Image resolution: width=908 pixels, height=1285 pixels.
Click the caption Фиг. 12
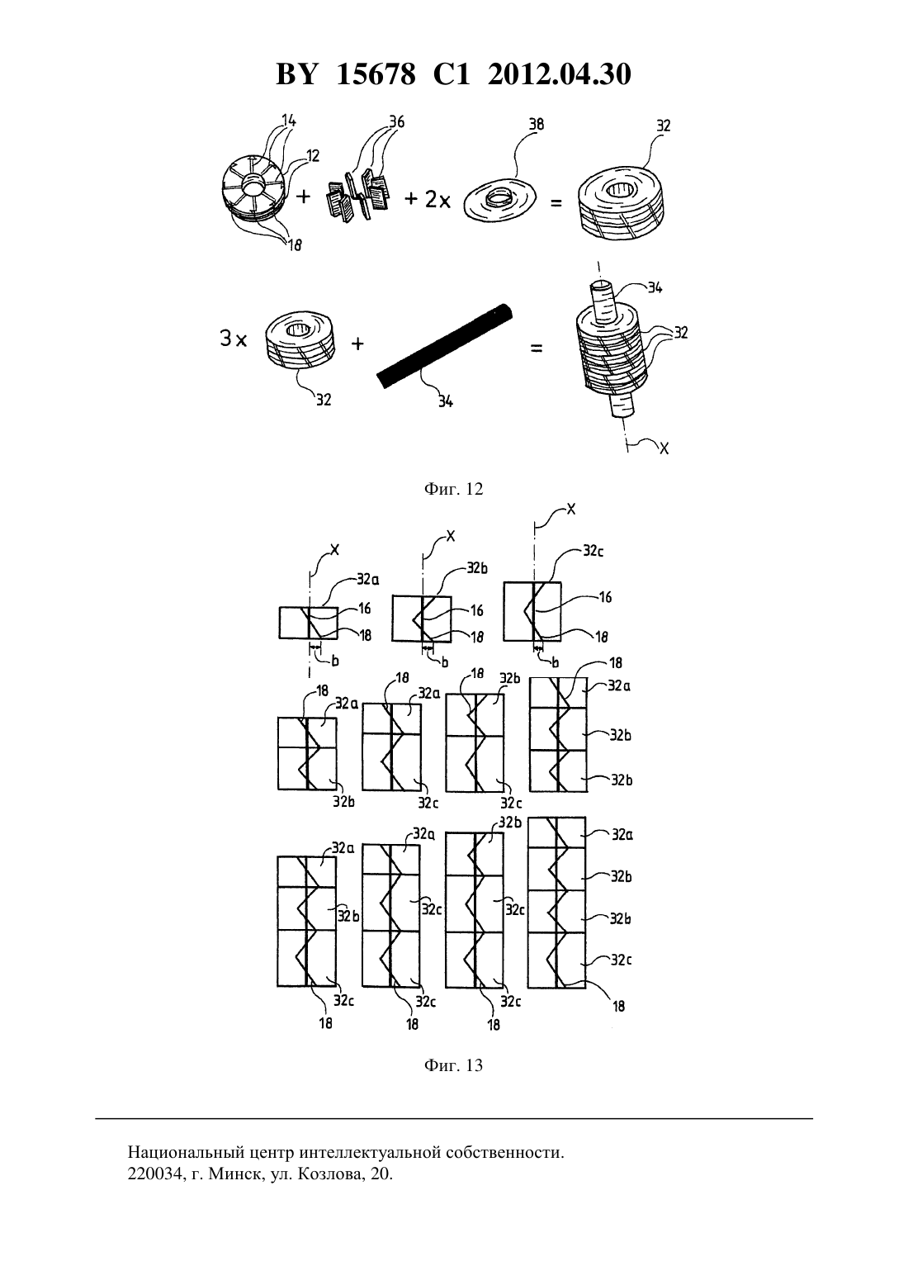[x=453, y=489]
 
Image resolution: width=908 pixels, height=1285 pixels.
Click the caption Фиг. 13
[x=453, y=1065]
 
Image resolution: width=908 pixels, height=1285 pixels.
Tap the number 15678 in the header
[x=376, y=74]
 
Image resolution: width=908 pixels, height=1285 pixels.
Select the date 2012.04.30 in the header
[x=560, y=74]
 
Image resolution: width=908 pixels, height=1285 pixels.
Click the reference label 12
[x=313, y=155]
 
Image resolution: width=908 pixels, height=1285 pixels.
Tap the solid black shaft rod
[x=444, y=347]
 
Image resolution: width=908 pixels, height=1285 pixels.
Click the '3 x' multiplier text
[x=234, y=339]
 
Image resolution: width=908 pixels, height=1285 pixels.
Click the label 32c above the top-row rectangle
[x=594, y=550]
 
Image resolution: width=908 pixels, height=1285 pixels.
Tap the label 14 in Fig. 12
[x=288, y=120]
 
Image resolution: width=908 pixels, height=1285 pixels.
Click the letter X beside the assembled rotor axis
[x=664, y=448]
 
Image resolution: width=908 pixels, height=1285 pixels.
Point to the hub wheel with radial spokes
[x=253, y=187]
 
